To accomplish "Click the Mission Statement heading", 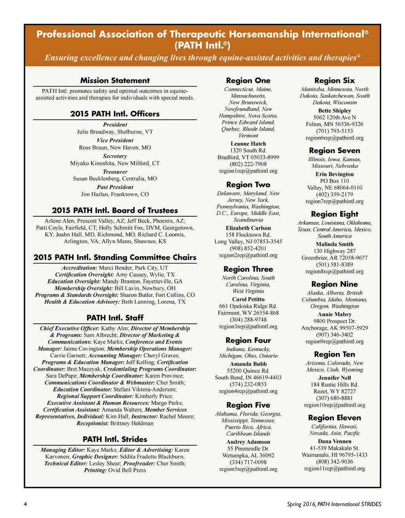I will [115, 81].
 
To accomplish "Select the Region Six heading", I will [334, 81].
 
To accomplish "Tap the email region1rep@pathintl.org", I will [248, 171].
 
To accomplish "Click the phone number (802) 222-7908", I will [248, 164].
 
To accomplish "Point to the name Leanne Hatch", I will [248, 144].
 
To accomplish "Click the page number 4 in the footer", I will [25, 504].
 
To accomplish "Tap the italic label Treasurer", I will [115, 172].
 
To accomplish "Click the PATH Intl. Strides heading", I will [115, 439].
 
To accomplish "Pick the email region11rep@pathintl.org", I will [334, 469].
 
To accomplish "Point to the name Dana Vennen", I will [334, 441].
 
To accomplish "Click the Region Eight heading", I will [334, 214].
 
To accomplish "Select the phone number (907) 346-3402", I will [334, 335].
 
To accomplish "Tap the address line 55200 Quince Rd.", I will [248, 371].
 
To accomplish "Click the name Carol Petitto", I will [248, 299].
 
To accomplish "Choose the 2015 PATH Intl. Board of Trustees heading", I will [115, 210].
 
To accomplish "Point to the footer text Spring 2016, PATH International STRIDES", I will [334, 504].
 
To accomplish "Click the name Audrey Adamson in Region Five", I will [248, 442].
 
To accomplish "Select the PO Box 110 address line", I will [334, 181].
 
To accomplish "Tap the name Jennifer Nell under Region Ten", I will [334, 378].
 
